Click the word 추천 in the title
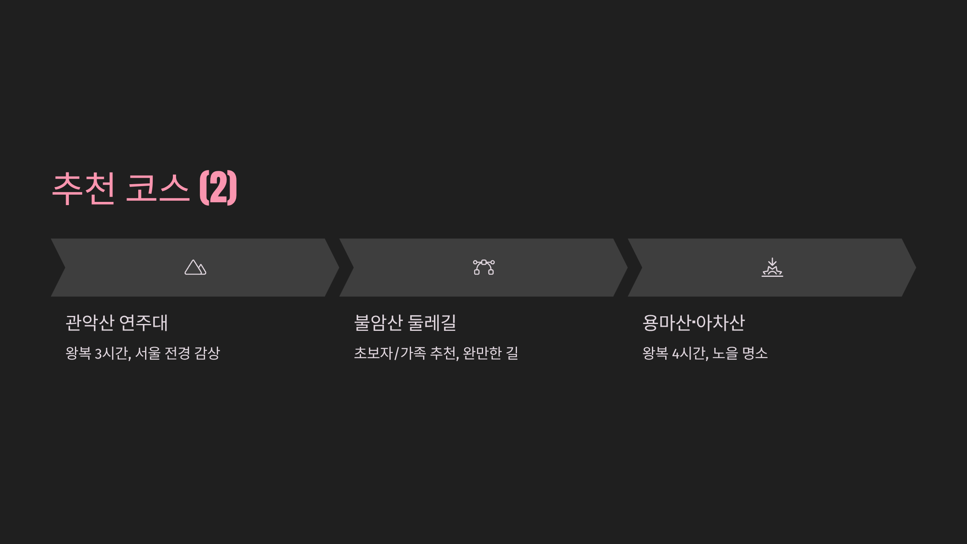tap(84, 188)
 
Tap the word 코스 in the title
tap(157, 188)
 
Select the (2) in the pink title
tap(218, 188)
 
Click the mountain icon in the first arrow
tap(195, 268)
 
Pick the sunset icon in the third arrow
tap(772, 268)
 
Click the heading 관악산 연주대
tap(116, 323)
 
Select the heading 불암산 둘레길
tap(405, 323)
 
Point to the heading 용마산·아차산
tap(693, 323)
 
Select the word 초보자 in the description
tap(373, 353)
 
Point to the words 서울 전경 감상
tap(178, 353)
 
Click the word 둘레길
tap(432, 323)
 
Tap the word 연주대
tap(143, 323)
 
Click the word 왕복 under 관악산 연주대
tap(78, 353)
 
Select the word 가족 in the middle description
tap(413, 353)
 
